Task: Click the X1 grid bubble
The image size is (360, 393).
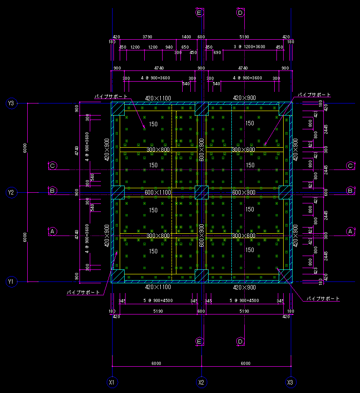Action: tap(112, 382)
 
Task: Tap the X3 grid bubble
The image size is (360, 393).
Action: tap(290, 382)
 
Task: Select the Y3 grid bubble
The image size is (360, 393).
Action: tap(11, 103)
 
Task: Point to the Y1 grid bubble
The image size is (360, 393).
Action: tap(11, 282)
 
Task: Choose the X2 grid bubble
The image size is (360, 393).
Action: tap(201, 382)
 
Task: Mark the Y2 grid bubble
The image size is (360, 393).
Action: tap(11, 193)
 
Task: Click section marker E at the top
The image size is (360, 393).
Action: tap(199, 12)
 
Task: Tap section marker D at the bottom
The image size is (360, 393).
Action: tap(240, 342)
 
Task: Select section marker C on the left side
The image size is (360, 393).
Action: tap(52, 166)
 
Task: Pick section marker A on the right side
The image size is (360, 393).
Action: tap(351, 231)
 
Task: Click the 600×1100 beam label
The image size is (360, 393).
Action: tap(158, 192)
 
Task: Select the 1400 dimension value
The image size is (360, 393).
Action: tap(187, 37)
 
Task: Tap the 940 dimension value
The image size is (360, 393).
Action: tap(169, 47)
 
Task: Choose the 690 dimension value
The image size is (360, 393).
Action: tap(217, 53)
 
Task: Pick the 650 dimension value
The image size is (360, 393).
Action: tap(185, 47)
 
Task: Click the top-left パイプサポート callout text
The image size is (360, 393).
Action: tap(111, 96)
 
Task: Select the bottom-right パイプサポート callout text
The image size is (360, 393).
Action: tap(323, 298)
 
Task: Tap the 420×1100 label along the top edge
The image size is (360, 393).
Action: tap(158, 98)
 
